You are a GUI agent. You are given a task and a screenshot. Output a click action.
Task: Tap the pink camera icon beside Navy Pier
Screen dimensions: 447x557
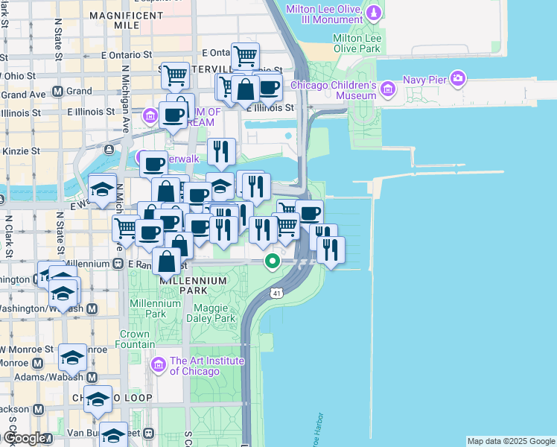tap(458, 77)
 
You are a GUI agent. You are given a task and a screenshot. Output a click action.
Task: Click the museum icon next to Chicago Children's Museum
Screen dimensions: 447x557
tap(386, 90)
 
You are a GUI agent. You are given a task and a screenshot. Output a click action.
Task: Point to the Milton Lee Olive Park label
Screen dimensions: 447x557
tap(357, 43)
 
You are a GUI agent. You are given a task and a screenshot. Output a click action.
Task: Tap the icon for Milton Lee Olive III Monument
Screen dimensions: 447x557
tap(374, 13)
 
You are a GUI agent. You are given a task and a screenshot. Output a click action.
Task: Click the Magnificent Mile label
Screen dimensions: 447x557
tap(114, 19)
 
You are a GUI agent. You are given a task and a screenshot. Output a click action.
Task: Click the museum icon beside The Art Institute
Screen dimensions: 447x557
tap(158, 365)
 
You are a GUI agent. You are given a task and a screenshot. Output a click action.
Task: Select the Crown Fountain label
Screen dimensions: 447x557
tap(135, 339)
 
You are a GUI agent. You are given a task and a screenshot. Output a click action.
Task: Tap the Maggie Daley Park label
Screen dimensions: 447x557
tap(214, 313)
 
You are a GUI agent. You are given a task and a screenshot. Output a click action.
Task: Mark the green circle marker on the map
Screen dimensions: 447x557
tap(273, 261)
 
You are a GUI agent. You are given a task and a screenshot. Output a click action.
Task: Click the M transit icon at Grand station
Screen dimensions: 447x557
tap(58, 92)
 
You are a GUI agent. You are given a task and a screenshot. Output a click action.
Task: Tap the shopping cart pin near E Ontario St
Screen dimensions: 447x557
tap(244, 55)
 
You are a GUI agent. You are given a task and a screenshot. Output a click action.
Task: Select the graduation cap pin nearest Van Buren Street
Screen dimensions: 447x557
tap(113, 434)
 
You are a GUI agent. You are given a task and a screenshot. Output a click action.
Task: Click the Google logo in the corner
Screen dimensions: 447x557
tap(23, 438)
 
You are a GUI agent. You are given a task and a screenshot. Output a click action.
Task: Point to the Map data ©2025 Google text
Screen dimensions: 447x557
tap(511, 441)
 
